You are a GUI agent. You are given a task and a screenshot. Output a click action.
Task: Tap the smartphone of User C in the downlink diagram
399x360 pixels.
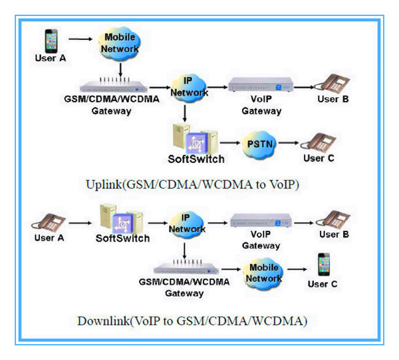(x=325, y=264)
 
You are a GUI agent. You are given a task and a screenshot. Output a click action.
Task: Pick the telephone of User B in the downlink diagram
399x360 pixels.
(x=331, y=222)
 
